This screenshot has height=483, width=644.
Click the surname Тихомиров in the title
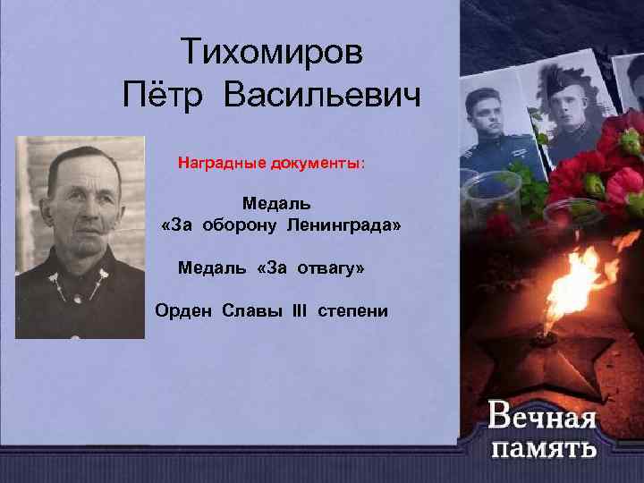coord(271,52)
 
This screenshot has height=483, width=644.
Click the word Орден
coord(180,310)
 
